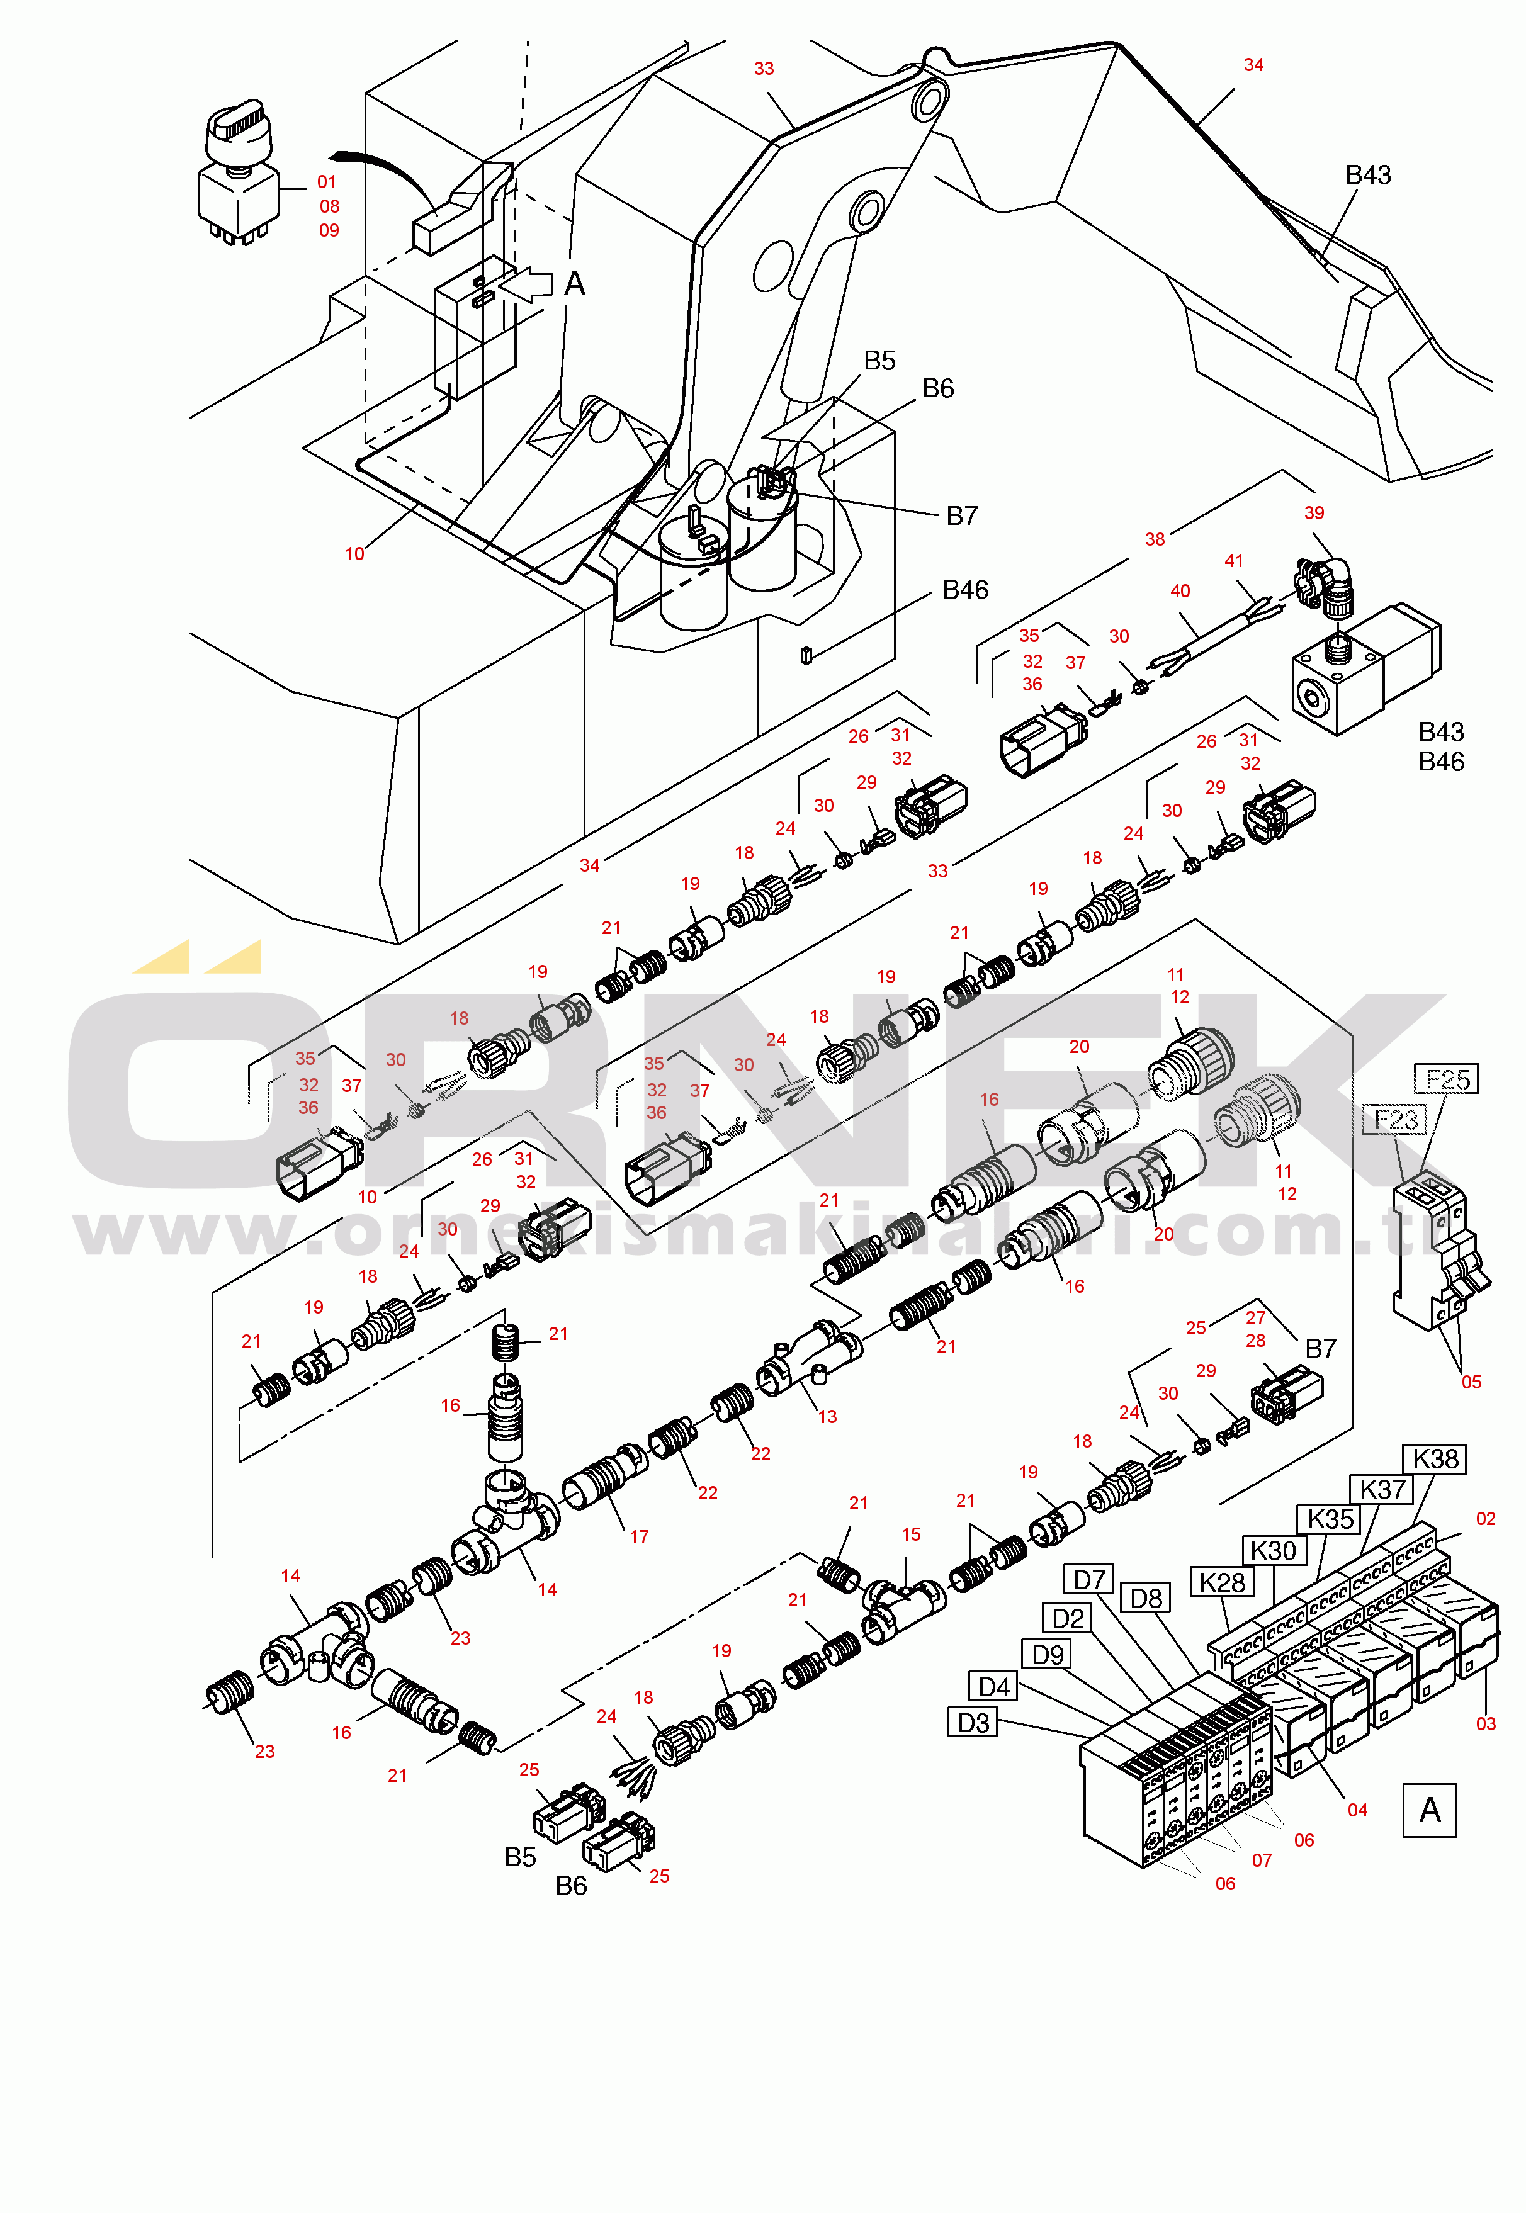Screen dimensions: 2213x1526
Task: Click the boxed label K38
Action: [x=1435, y=1459]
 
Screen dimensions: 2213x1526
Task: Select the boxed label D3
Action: [x=973, y=1723]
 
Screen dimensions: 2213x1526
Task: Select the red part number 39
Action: [x=1314, y=514]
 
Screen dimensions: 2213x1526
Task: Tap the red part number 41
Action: [x=1233, y=561]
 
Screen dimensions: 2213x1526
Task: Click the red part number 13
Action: [x=827, y=1417]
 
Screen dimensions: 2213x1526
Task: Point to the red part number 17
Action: [x=639, y=1537]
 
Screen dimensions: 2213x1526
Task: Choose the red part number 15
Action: [x=910, y=1534]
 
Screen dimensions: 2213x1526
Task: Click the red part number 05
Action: [x=1471, y=1382]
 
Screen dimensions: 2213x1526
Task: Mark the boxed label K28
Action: [x=1222, y=1582]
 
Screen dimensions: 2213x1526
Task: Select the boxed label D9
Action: [x=1048, y=1654]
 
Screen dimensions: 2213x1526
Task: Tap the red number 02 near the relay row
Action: [x=1485, y=1518]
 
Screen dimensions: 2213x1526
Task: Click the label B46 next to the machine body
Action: [x=964, y=590]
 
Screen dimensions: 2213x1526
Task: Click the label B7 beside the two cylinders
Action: [x=961, y=516]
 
